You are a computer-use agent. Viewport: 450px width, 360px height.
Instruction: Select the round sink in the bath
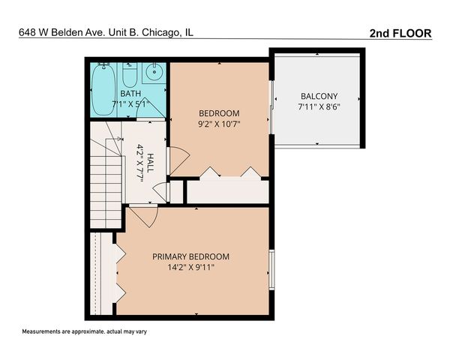tap(153, 73)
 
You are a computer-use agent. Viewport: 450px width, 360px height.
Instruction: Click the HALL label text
tap(151, 163)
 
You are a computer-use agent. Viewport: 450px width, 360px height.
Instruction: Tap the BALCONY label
tap(319, 96)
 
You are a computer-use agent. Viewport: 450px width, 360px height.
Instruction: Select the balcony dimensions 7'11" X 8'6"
tap(319, 107)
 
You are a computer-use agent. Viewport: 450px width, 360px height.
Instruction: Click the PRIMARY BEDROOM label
tap(191, 256)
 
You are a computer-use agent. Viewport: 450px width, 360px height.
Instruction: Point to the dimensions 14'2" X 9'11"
tap(191, 268)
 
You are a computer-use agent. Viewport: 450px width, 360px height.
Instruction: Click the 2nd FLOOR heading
tap(402, 33)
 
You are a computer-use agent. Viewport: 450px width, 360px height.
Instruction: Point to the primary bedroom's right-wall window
tap(271, 270)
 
